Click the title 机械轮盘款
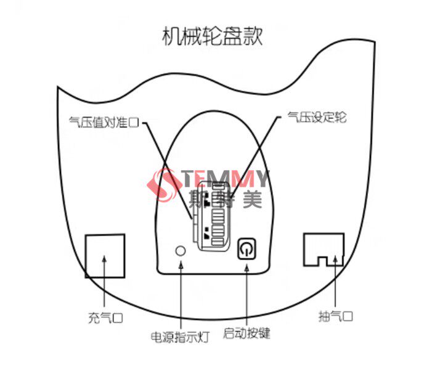pos(211,36)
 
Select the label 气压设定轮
pos(313,118)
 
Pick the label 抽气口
pos(335,317)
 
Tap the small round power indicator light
pos(181,250)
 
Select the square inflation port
pos(104,255)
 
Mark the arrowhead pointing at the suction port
pos(335,259)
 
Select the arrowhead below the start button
pos(247,266)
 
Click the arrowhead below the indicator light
pos(181,264)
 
